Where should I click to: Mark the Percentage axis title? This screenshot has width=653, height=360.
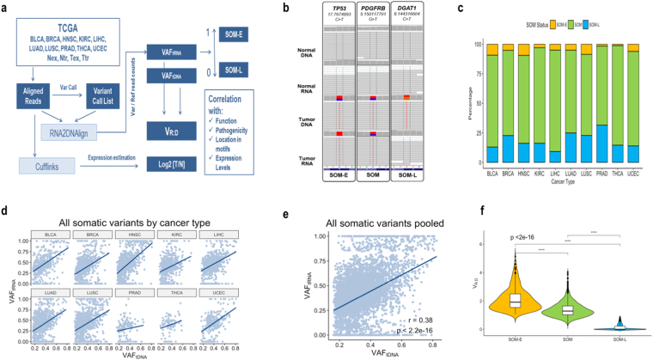click(468, 95)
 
